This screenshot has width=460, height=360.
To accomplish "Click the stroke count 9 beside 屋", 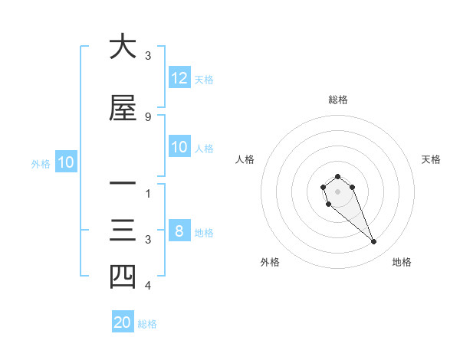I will pos(147,116).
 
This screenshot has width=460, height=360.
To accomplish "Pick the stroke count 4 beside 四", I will pos(147,286).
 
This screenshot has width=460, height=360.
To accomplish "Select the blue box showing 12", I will pos(179,78).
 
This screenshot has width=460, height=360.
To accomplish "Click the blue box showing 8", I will pos(179,231).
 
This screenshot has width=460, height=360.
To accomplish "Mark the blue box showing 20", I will pos(123,322).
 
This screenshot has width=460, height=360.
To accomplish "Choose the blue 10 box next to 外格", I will pos(65,162).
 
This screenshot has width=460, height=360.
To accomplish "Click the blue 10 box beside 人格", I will pos(179,147).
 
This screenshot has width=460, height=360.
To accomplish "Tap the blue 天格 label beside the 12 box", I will pos(204,79).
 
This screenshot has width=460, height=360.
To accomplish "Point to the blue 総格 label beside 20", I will pos(147,324).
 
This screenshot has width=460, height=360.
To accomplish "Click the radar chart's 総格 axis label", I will pos(337,100).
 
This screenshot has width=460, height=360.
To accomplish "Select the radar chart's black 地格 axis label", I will pos(402,262).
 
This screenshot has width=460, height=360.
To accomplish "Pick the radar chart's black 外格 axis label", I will pos(270,262).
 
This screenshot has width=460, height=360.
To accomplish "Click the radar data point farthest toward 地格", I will pos(374,242).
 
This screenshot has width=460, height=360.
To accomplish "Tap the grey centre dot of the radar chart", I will pos(337,191).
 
